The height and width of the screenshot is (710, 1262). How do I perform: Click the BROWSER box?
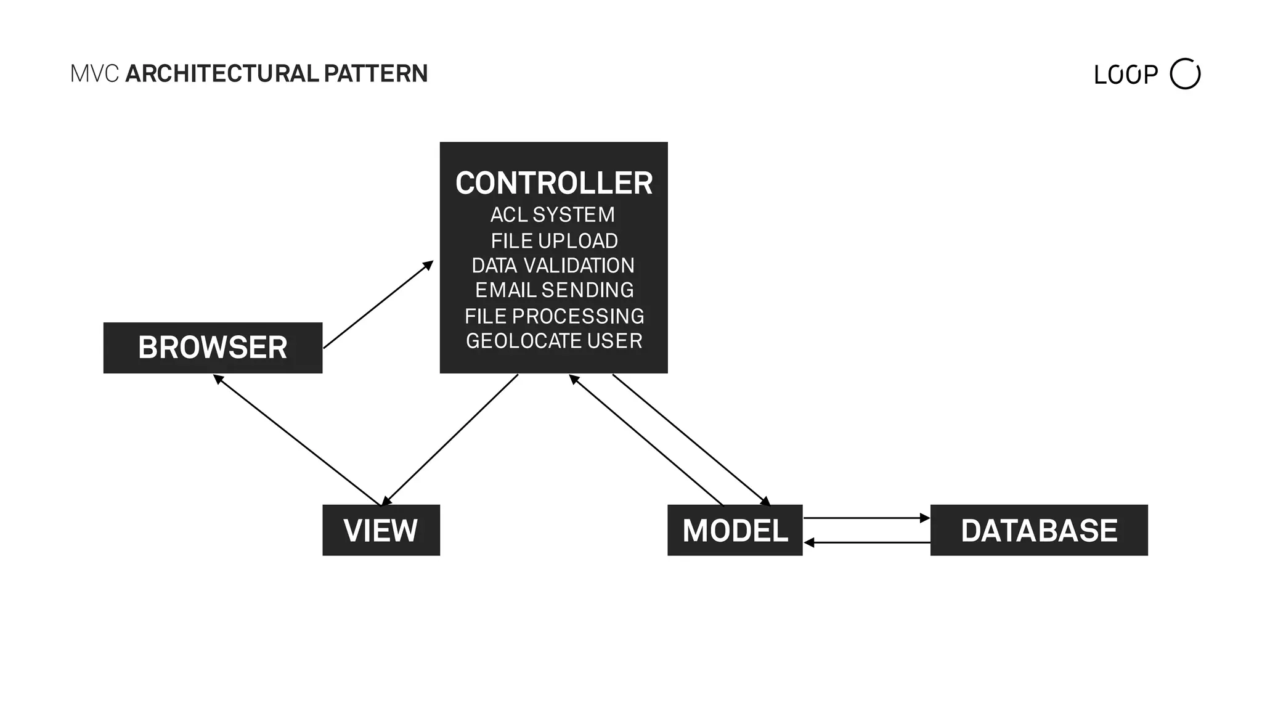(213, 348)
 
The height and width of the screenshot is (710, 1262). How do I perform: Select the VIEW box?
(381, 530)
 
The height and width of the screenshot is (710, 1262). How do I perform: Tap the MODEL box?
(735, 530)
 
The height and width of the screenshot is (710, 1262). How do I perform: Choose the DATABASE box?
(1039, 530)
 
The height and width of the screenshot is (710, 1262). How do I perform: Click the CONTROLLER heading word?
(553, 183)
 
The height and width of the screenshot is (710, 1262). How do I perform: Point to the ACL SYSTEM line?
(552, 214)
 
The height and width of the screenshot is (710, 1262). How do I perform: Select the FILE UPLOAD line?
(554, 240)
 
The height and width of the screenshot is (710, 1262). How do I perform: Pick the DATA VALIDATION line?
(553, 265)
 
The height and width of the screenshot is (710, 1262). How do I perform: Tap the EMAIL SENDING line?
(554, 290)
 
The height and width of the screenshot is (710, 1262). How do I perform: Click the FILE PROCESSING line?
(554, 316)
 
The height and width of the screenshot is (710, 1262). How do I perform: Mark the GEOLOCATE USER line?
(554, 341)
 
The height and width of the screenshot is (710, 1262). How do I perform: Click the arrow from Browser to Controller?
(378, 305)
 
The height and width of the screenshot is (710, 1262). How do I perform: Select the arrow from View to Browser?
(297, 440)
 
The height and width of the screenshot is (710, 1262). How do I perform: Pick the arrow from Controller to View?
(450, 439)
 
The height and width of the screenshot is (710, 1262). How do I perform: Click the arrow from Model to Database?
(866, 518)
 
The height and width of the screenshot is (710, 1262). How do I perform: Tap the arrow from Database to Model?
(866, 542)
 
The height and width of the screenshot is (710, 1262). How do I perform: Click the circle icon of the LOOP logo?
(1184, 74)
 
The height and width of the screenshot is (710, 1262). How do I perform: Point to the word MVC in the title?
(94, 73)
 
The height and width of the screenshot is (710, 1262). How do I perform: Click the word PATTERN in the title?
(375, 73)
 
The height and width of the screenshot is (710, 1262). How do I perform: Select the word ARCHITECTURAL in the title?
(222, 73)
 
